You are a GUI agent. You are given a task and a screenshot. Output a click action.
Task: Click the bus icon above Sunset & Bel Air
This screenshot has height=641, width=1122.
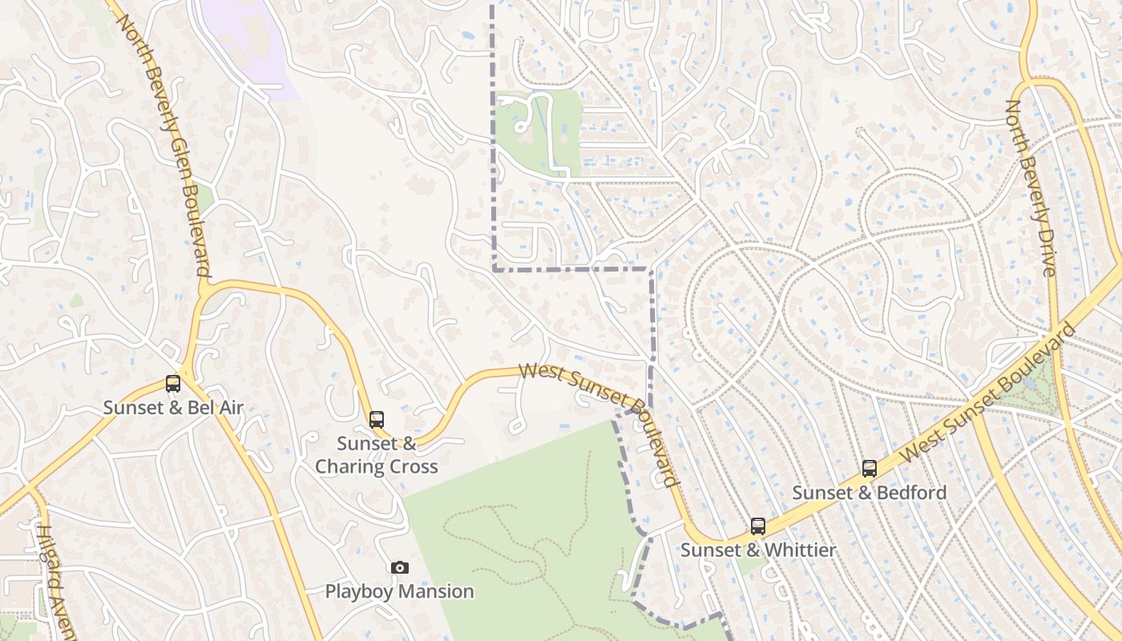click(173, 383)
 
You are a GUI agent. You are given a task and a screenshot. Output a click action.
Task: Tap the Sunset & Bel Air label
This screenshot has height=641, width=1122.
click(173, 408)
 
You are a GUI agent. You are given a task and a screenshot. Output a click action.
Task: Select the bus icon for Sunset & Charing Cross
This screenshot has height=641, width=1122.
click(377, 419)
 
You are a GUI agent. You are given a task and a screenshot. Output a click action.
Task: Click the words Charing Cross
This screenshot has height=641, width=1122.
click(377, 466)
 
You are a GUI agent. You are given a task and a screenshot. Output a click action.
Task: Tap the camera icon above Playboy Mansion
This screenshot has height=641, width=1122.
click(399, 568)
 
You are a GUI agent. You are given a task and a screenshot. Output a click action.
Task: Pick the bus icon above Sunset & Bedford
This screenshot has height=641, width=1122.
click(870, 468)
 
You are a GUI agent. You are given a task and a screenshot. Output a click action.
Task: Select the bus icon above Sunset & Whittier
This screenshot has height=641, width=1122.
click(758, 526)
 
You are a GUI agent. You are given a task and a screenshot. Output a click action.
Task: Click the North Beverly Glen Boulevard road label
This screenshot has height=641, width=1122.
click(165, 144)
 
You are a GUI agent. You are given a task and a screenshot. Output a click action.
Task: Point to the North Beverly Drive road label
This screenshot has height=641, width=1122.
click(1031, 188)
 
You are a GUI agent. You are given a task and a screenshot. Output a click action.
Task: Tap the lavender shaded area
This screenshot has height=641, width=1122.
click(248, 44)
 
